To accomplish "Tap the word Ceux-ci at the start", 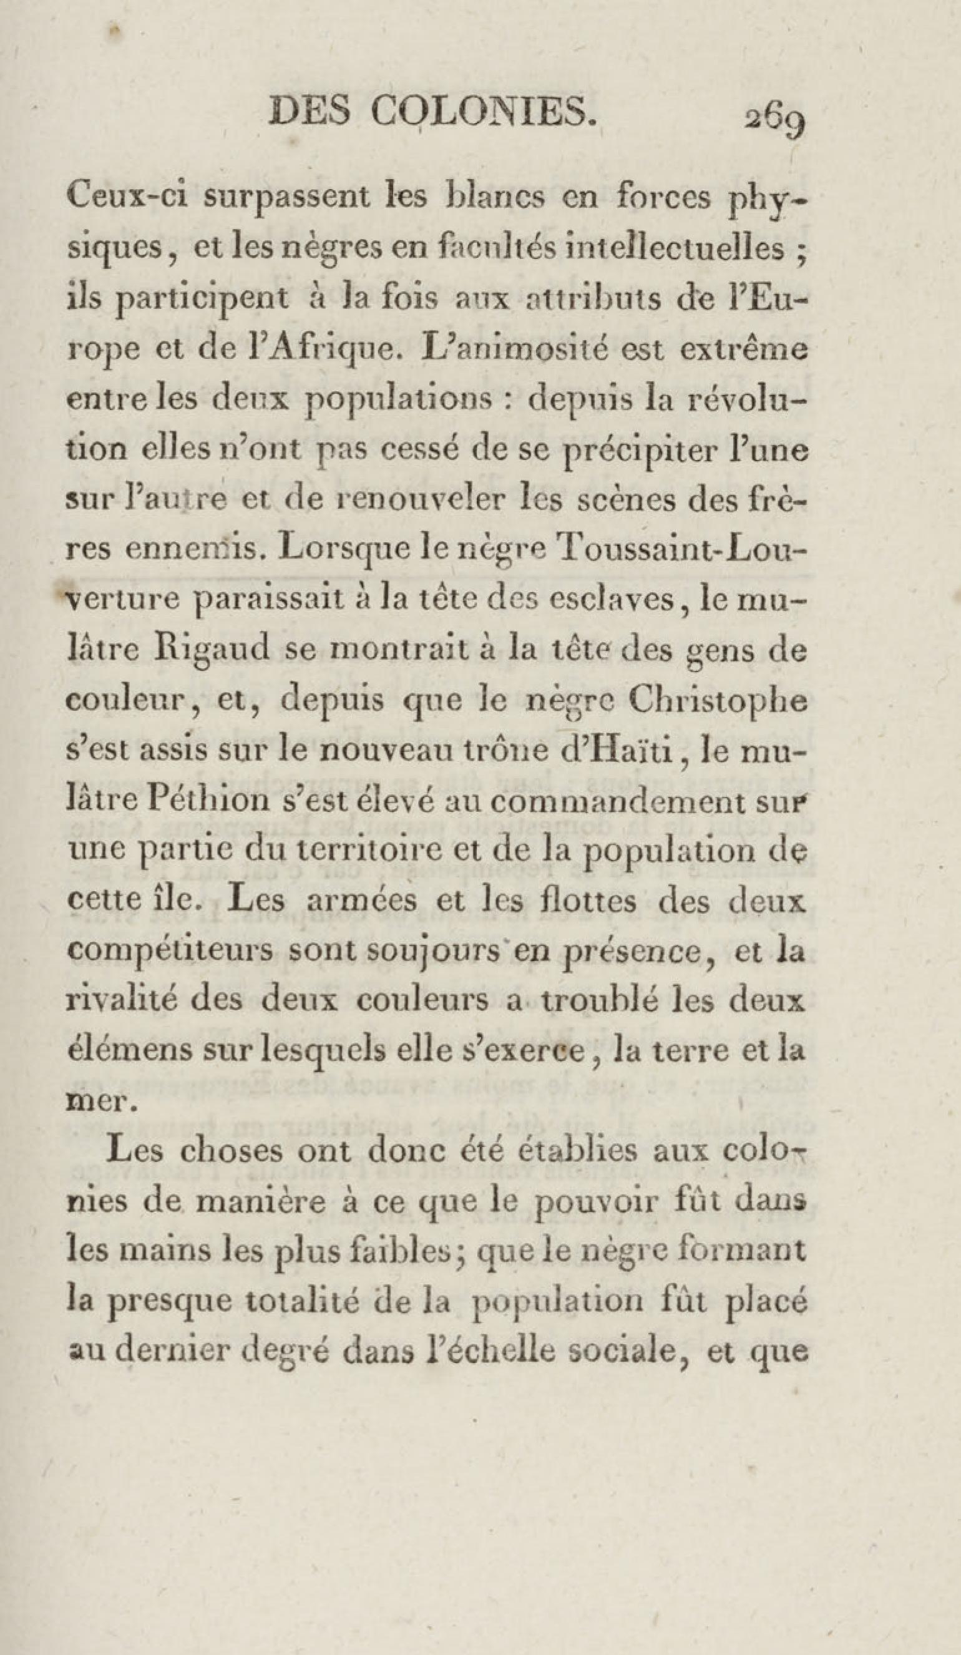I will point(124,198).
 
